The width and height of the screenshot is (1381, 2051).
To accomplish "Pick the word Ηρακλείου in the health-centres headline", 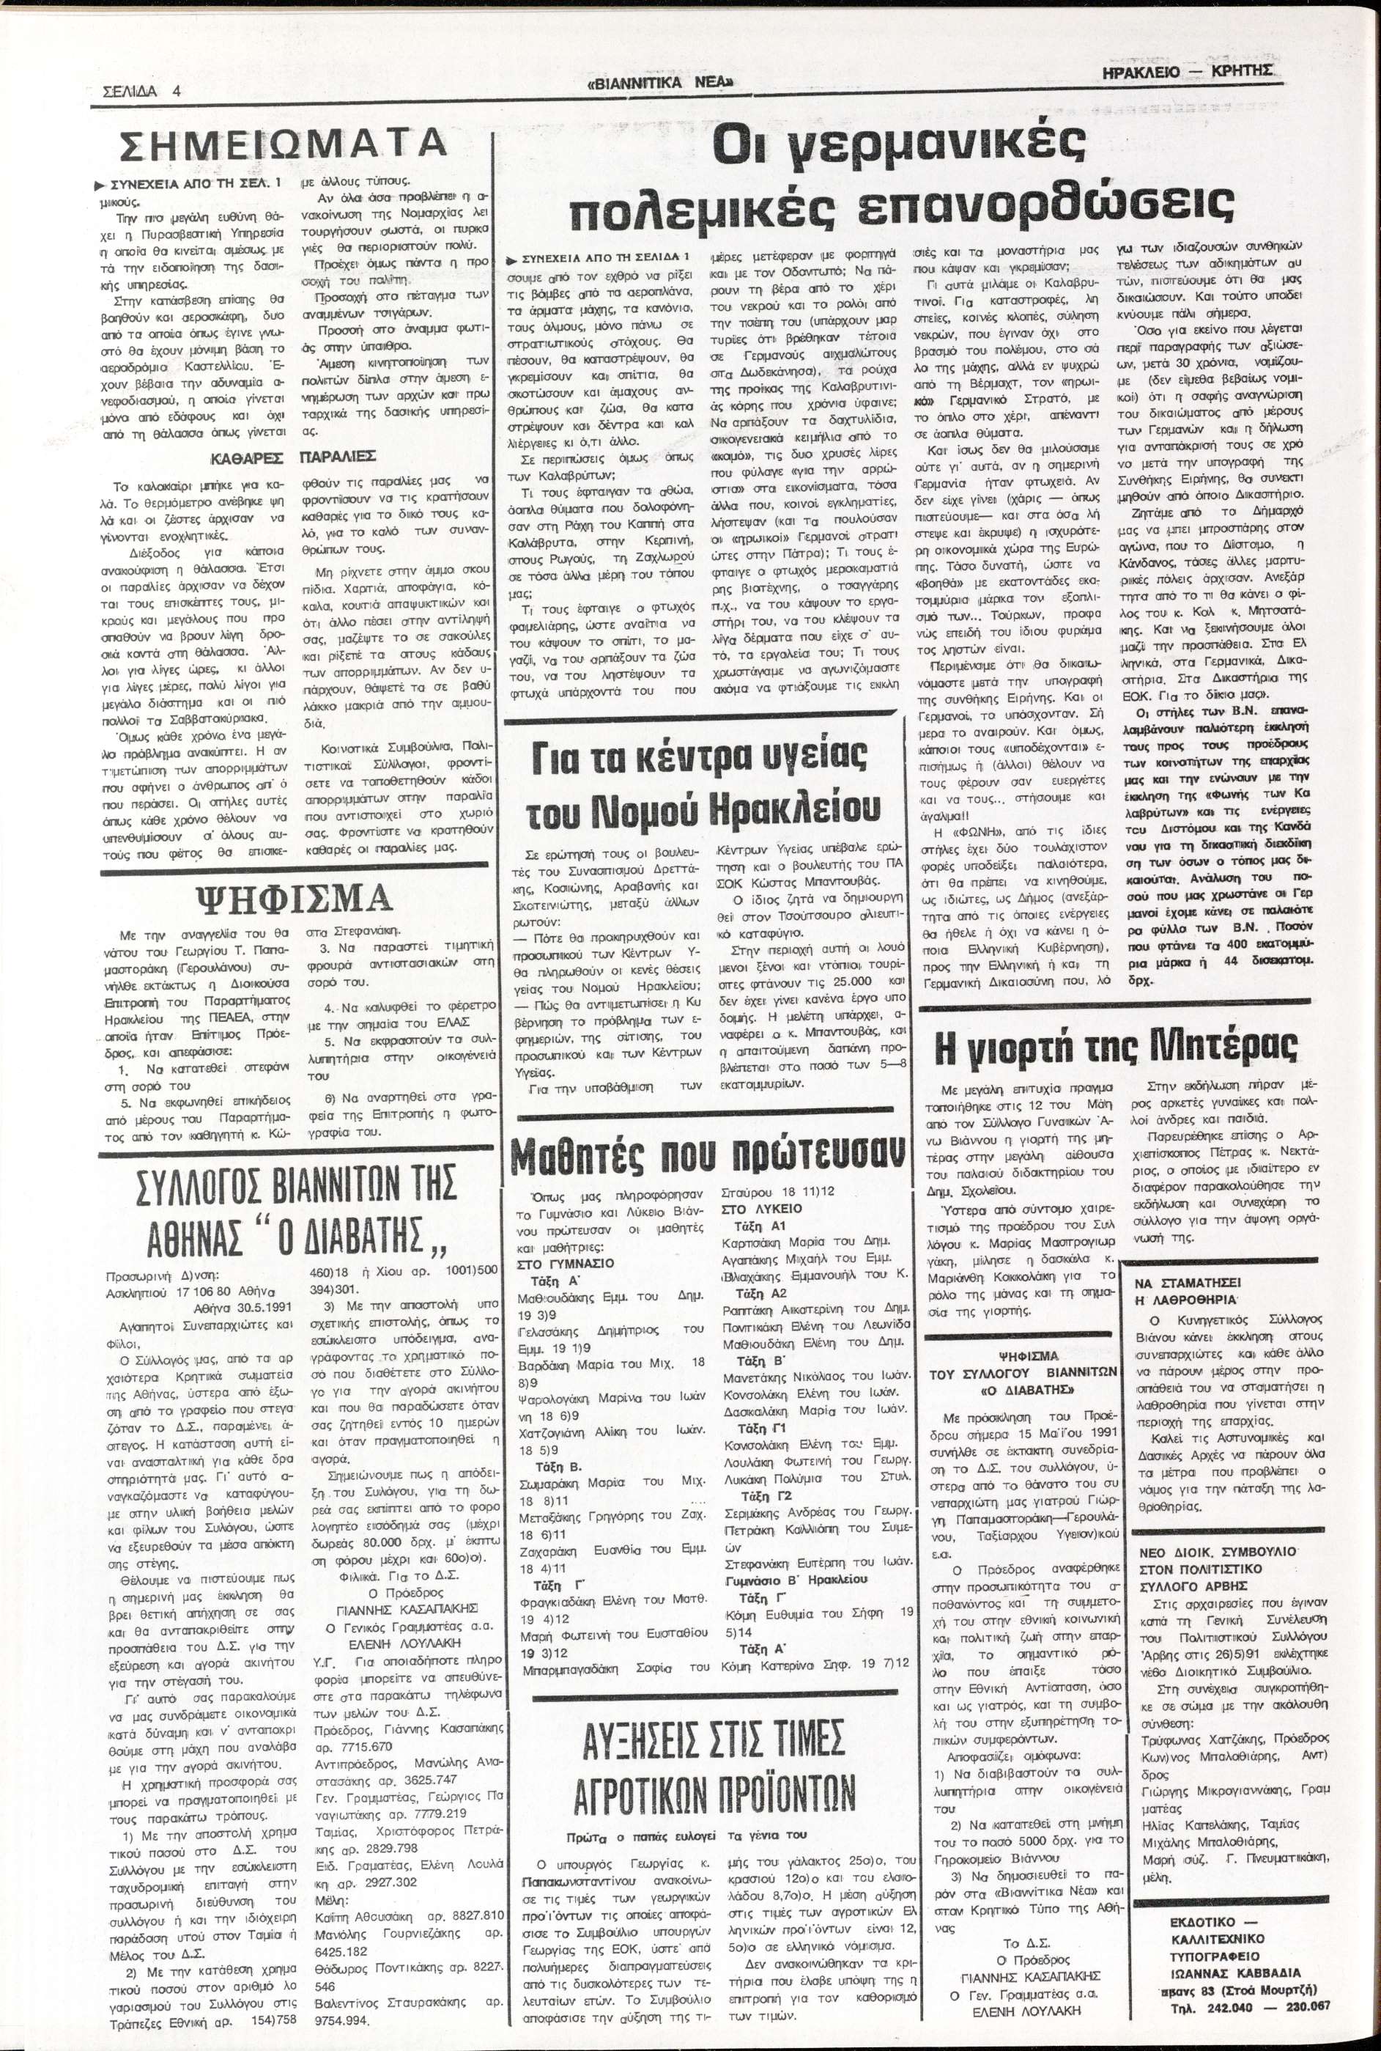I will pyautogui.click(x=789, y=808).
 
